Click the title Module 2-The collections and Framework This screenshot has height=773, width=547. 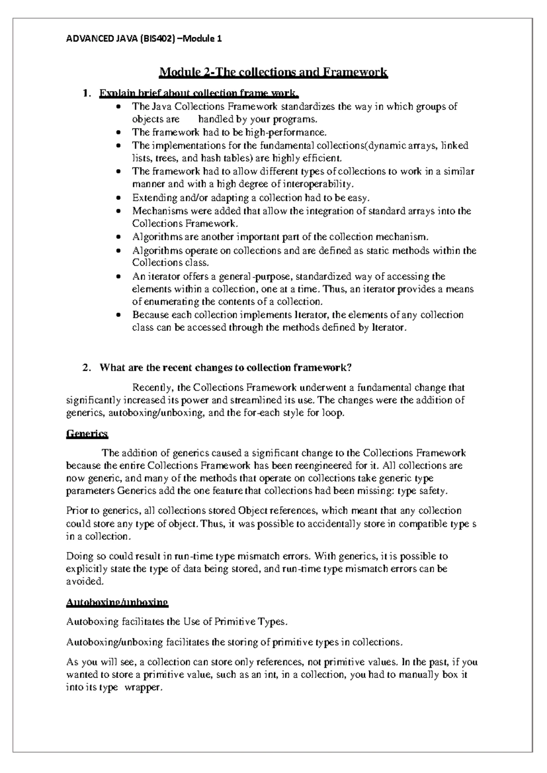tap(273, 72)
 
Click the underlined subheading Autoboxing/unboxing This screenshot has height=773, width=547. tap(117, 602)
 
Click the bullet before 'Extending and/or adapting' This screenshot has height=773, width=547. tap(119, 198)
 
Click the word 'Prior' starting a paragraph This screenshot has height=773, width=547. tap(75, 510)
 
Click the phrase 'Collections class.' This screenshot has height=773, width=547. tap(170, 263)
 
